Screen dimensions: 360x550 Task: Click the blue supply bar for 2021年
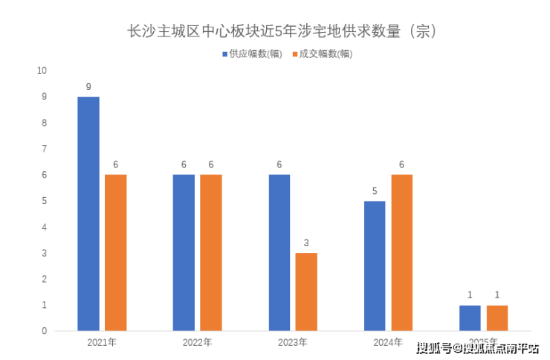[x=88, y=213]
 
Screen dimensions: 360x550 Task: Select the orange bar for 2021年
[x=115, y=252]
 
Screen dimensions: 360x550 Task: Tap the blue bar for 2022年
[x=184, y=252]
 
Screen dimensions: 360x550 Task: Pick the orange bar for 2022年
[x=211, y=252]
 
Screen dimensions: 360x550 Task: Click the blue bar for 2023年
[x=279, y=252]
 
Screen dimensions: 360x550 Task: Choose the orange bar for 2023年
[x=306, y=292]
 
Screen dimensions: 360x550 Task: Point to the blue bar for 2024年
[x=375, y=266]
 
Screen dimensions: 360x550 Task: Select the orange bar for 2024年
[x=401, y=252]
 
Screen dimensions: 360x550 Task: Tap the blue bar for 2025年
[x=470, y=318]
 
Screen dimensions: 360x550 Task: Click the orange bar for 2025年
[x=497, y=318]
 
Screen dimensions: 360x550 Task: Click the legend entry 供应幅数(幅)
[x=251, y=54]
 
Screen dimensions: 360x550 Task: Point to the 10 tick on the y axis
[x=42, y=71]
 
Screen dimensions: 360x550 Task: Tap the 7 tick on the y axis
[x=44, y=149]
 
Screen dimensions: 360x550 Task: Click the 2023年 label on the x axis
[x=293, y=343]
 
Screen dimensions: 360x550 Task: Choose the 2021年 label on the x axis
[x=102, y=343]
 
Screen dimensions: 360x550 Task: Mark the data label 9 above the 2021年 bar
[x=88, y=87]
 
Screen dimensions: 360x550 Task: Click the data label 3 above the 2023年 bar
[x=306, y=243]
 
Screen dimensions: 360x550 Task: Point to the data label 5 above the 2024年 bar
[x=375, y=191]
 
